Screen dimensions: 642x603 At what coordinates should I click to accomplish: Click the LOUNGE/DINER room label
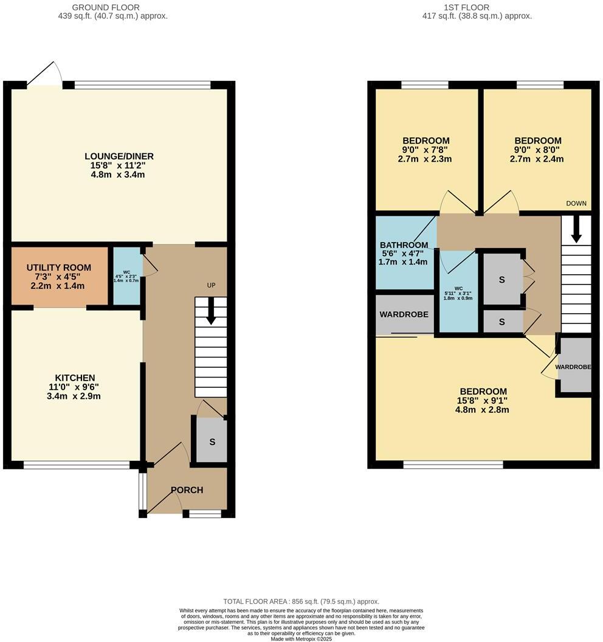[x=119, y=156]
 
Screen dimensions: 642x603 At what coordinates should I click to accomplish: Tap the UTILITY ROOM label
[x=58, y=267]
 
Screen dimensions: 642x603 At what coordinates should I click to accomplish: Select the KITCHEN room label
[x=75, y=378]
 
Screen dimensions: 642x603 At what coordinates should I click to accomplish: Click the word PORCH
[x=187, y=490]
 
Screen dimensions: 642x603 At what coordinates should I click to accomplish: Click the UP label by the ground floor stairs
[x=211, y=285]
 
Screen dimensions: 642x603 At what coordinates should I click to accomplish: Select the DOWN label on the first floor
[x=576, y=204]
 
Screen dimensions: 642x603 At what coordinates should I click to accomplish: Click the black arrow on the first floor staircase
[x=575, y=229]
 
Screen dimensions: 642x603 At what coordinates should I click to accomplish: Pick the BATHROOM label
[x=404, y=245]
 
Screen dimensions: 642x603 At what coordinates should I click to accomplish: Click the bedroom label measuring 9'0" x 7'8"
[x=426, y=141]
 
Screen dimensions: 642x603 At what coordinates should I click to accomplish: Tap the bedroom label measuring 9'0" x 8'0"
[x=538, y=141]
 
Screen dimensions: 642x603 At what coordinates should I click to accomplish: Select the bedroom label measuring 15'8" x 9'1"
[x=483, y=392]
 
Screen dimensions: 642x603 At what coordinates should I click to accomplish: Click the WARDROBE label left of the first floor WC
[x=404, y=314]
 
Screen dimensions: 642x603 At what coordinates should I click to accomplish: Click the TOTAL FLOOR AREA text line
[x=301, y=601]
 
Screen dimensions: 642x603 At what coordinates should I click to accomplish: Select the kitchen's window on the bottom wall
[x=77, y=466]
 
